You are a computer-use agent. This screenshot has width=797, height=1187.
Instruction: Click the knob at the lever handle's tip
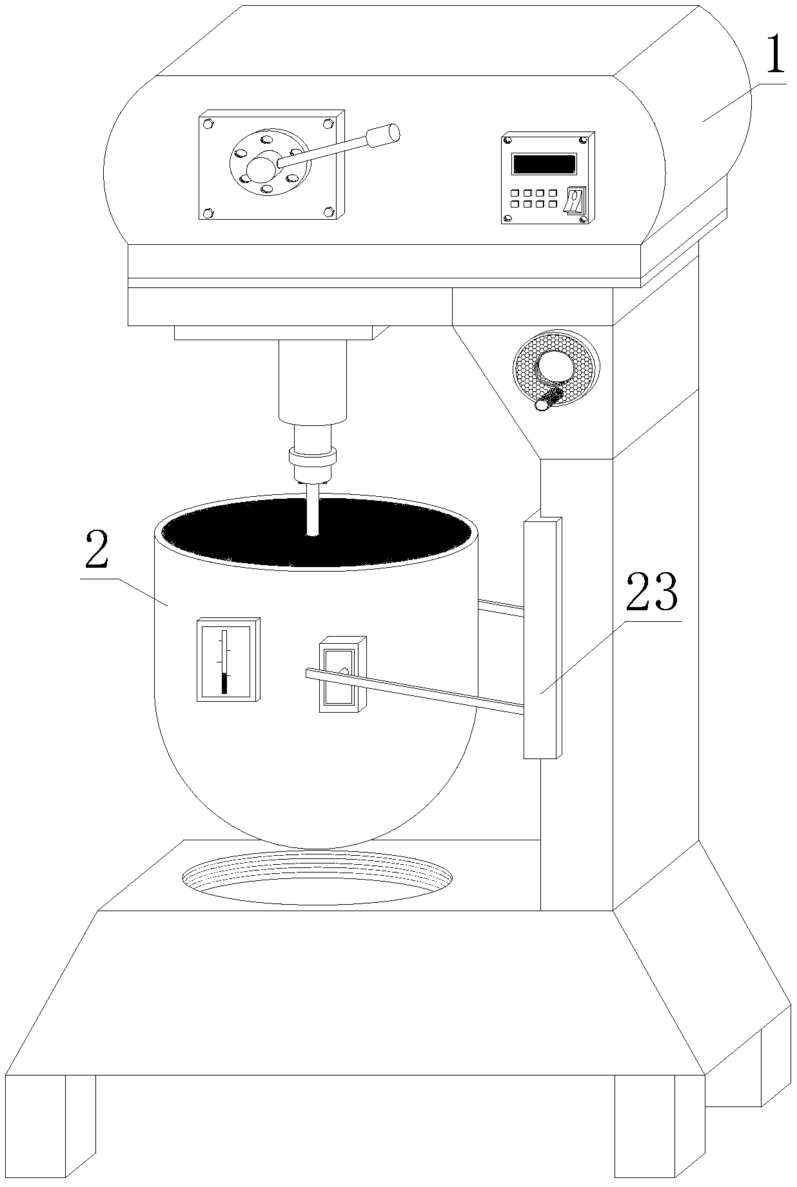click(x=384, y=135)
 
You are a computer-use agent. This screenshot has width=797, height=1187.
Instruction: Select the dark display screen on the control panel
click(x=543, y=164)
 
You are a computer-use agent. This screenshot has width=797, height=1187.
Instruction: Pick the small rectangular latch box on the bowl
click(x=342, y=674)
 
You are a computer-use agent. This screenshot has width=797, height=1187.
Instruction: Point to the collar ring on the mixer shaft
click(x=313, y=457)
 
